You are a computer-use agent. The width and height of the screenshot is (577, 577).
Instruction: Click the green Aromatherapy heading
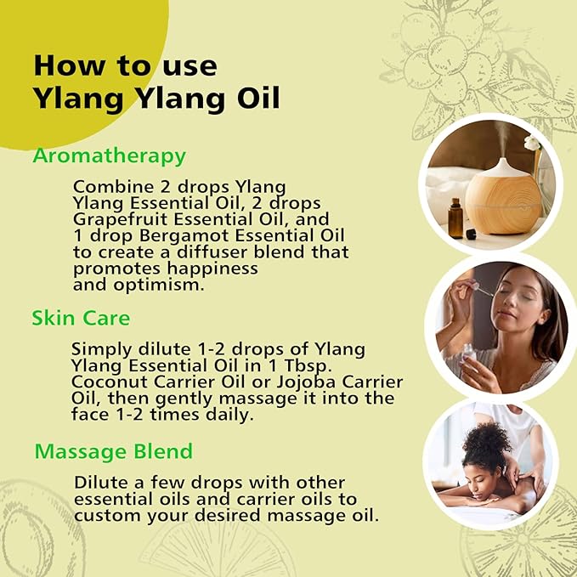pyautogui.click(x=110, y=156)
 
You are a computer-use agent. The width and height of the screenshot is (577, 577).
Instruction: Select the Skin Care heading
pyautogui.click(x=81, y=318)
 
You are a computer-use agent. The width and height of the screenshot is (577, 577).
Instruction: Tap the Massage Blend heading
pyautogui.click(x=114, y=451)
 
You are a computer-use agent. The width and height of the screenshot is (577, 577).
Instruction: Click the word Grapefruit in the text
pyautogui.click(x=120, y=220)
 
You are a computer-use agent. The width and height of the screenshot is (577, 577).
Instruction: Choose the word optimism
pyautogui.click(x=159, y=286)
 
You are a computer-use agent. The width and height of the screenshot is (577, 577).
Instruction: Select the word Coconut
pyautogui.click(x=110, y=382)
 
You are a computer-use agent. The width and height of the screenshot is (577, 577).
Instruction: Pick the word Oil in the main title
pyautogui.click(x=258, y=98)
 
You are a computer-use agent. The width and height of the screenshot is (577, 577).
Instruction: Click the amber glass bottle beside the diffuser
pyautogui.click(x=455, y=218)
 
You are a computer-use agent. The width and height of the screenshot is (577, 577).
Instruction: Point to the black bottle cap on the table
pyautogui.click(x=471, y=234)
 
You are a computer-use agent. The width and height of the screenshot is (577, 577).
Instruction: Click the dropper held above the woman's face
pyautogui.click(x=480, y=289)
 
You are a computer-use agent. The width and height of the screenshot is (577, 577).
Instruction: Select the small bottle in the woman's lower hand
pyautogui.click(x=470, y=354)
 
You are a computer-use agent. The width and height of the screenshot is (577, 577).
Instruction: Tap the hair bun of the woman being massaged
pyautogui.click(x=487, y=439)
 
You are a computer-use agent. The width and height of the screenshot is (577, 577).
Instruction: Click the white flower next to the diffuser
pyautogui.click(x=532, y=143)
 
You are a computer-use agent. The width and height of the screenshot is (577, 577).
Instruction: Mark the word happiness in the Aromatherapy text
pyautogui.click(x=212, y=269)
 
